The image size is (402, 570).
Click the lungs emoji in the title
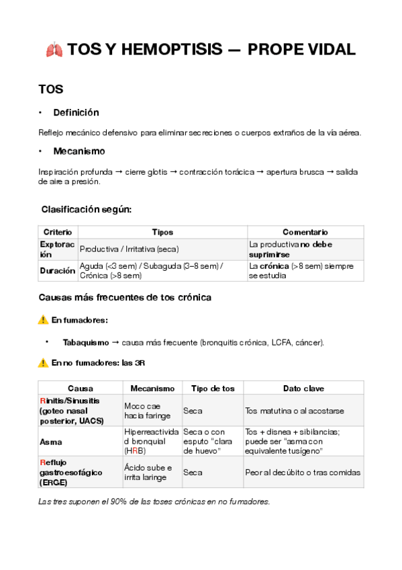55,50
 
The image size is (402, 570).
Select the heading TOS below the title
51,89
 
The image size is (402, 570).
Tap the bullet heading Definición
76,112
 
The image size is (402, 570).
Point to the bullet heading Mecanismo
79,151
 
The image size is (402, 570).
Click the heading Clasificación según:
87,210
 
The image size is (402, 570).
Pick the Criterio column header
58,232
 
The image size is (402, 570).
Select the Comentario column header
305,232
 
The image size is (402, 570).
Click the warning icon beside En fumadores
44,320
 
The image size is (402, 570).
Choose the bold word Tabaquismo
86,342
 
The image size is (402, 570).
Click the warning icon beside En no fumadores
44,363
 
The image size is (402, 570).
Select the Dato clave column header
303,389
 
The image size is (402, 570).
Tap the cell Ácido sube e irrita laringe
148,473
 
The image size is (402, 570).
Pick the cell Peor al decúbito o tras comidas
303,473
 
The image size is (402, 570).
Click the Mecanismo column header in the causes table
152,389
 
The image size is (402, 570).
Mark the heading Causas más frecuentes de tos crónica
125,297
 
